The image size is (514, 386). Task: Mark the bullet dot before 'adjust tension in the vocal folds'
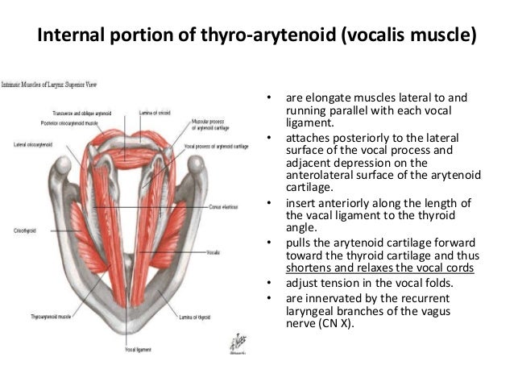(x=267, y=283)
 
